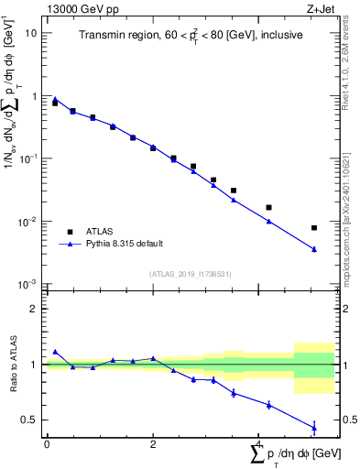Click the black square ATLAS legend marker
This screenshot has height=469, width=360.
[x=69, y=232]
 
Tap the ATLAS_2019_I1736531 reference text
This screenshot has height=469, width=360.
[x=191, y=274]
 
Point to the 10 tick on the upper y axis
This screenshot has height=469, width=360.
[x=31, y=32]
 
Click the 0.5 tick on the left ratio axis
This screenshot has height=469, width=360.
[x=30, y=420]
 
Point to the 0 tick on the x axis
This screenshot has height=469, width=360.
[x=47, y=444]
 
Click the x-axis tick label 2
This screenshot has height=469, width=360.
[x=153, y=444]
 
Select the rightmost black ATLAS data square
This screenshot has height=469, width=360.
[x=314, y=227]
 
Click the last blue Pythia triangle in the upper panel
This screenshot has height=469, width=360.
[x=314, y=249]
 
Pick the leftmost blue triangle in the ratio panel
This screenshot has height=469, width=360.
[x=55, y=351]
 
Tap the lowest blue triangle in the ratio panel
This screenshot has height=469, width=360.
[x=314, y=427]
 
